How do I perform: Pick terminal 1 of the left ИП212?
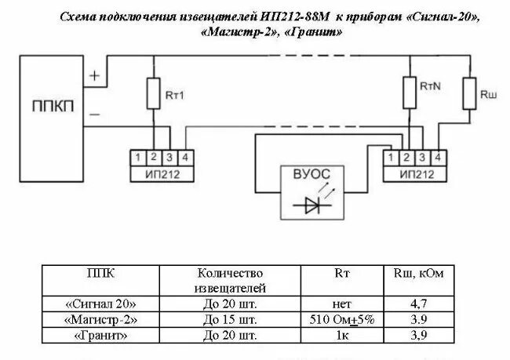point(138,158)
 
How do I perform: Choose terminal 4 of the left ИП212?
point(182,158)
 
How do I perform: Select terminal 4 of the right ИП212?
point(436,158)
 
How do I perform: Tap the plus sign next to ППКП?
point(94,76)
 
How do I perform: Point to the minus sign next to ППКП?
point(94,114)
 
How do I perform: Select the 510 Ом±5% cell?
point(342,320)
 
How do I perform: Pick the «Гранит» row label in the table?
point(101,336)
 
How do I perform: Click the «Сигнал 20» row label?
point(101,303)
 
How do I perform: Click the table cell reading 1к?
point(342,336)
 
